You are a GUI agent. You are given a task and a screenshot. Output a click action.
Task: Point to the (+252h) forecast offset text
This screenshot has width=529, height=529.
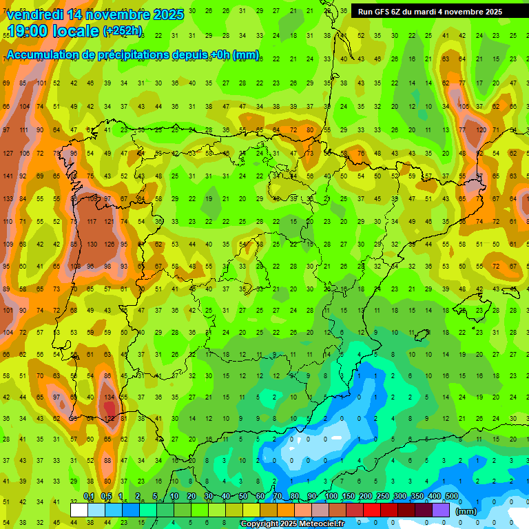(123, 31)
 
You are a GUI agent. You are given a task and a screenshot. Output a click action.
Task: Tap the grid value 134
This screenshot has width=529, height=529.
(109, 397)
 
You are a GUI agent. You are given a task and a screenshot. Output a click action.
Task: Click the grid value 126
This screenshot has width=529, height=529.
(109, 244)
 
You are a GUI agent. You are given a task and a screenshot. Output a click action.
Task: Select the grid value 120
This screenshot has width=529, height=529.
(480, 129)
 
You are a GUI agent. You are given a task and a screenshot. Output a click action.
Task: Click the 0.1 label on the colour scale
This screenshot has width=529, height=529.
(88, 497)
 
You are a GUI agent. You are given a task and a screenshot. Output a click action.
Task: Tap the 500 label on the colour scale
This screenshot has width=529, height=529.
(452, 497)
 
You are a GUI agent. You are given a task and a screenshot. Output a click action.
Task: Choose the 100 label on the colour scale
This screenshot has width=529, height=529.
(331, 497)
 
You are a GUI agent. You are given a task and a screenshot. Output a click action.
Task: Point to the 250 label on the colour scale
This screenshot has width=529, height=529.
(383, 497)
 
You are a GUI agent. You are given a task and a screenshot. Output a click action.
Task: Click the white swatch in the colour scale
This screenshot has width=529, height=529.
(79, 510)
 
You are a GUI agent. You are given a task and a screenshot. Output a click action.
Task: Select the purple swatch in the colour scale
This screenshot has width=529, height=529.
(442, 510)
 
